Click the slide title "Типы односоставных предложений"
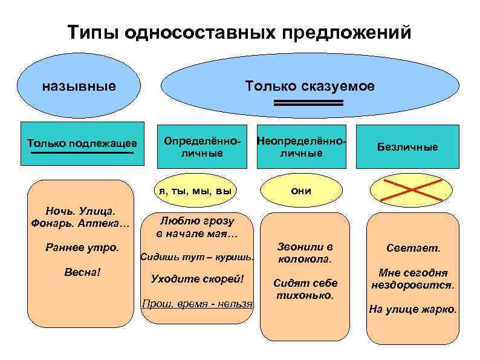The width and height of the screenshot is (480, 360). click(x=239, y=31)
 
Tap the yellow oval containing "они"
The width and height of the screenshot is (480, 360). click(x=301, y=191)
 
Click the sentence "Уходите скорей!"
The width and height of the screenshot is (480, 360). click(x=197, y=278)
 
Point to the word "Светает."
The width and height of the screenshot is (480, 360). click(x=414, y=249)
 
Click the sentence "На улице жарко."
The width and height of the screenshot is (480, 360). click(x=414, y=309)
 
